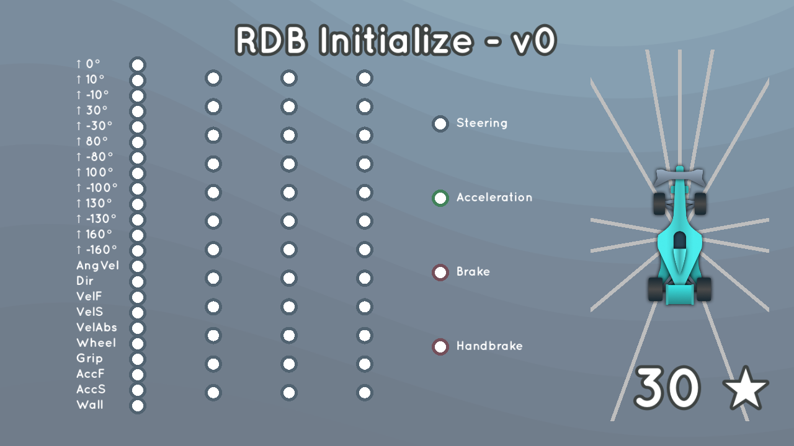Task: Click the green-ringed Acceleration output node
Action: [x=440, y=198]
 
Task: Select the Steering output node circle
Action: [x=440, y=124]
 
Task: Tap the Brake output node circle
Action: [x=440, y=273]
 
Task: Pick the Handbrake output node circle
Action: [x=440, y=347]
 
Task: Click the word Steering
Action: [x=482, y=123]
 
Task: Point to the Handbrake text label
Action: [x=489, y=346]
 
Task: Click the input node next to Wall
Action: [x=138, y=406]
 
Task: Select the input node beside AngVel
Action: [x=138, y=266]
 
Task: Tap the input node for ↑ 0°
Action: [x=138, y=65]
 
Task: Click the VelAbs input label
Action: [x=96, y=328]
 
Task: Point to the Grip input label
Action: [x=89, y=359]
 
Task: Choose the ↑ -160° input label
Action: [x=96, y=250]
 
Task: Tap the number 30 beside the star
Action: [x=667, y=388]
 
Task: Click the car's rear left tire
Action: [x=655, y=289]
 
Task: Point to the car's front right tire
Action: [x=700, y=204]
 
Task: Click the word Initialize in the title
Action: [x=396, y=41]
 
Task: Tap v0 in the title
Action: [x=534, y=41]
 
